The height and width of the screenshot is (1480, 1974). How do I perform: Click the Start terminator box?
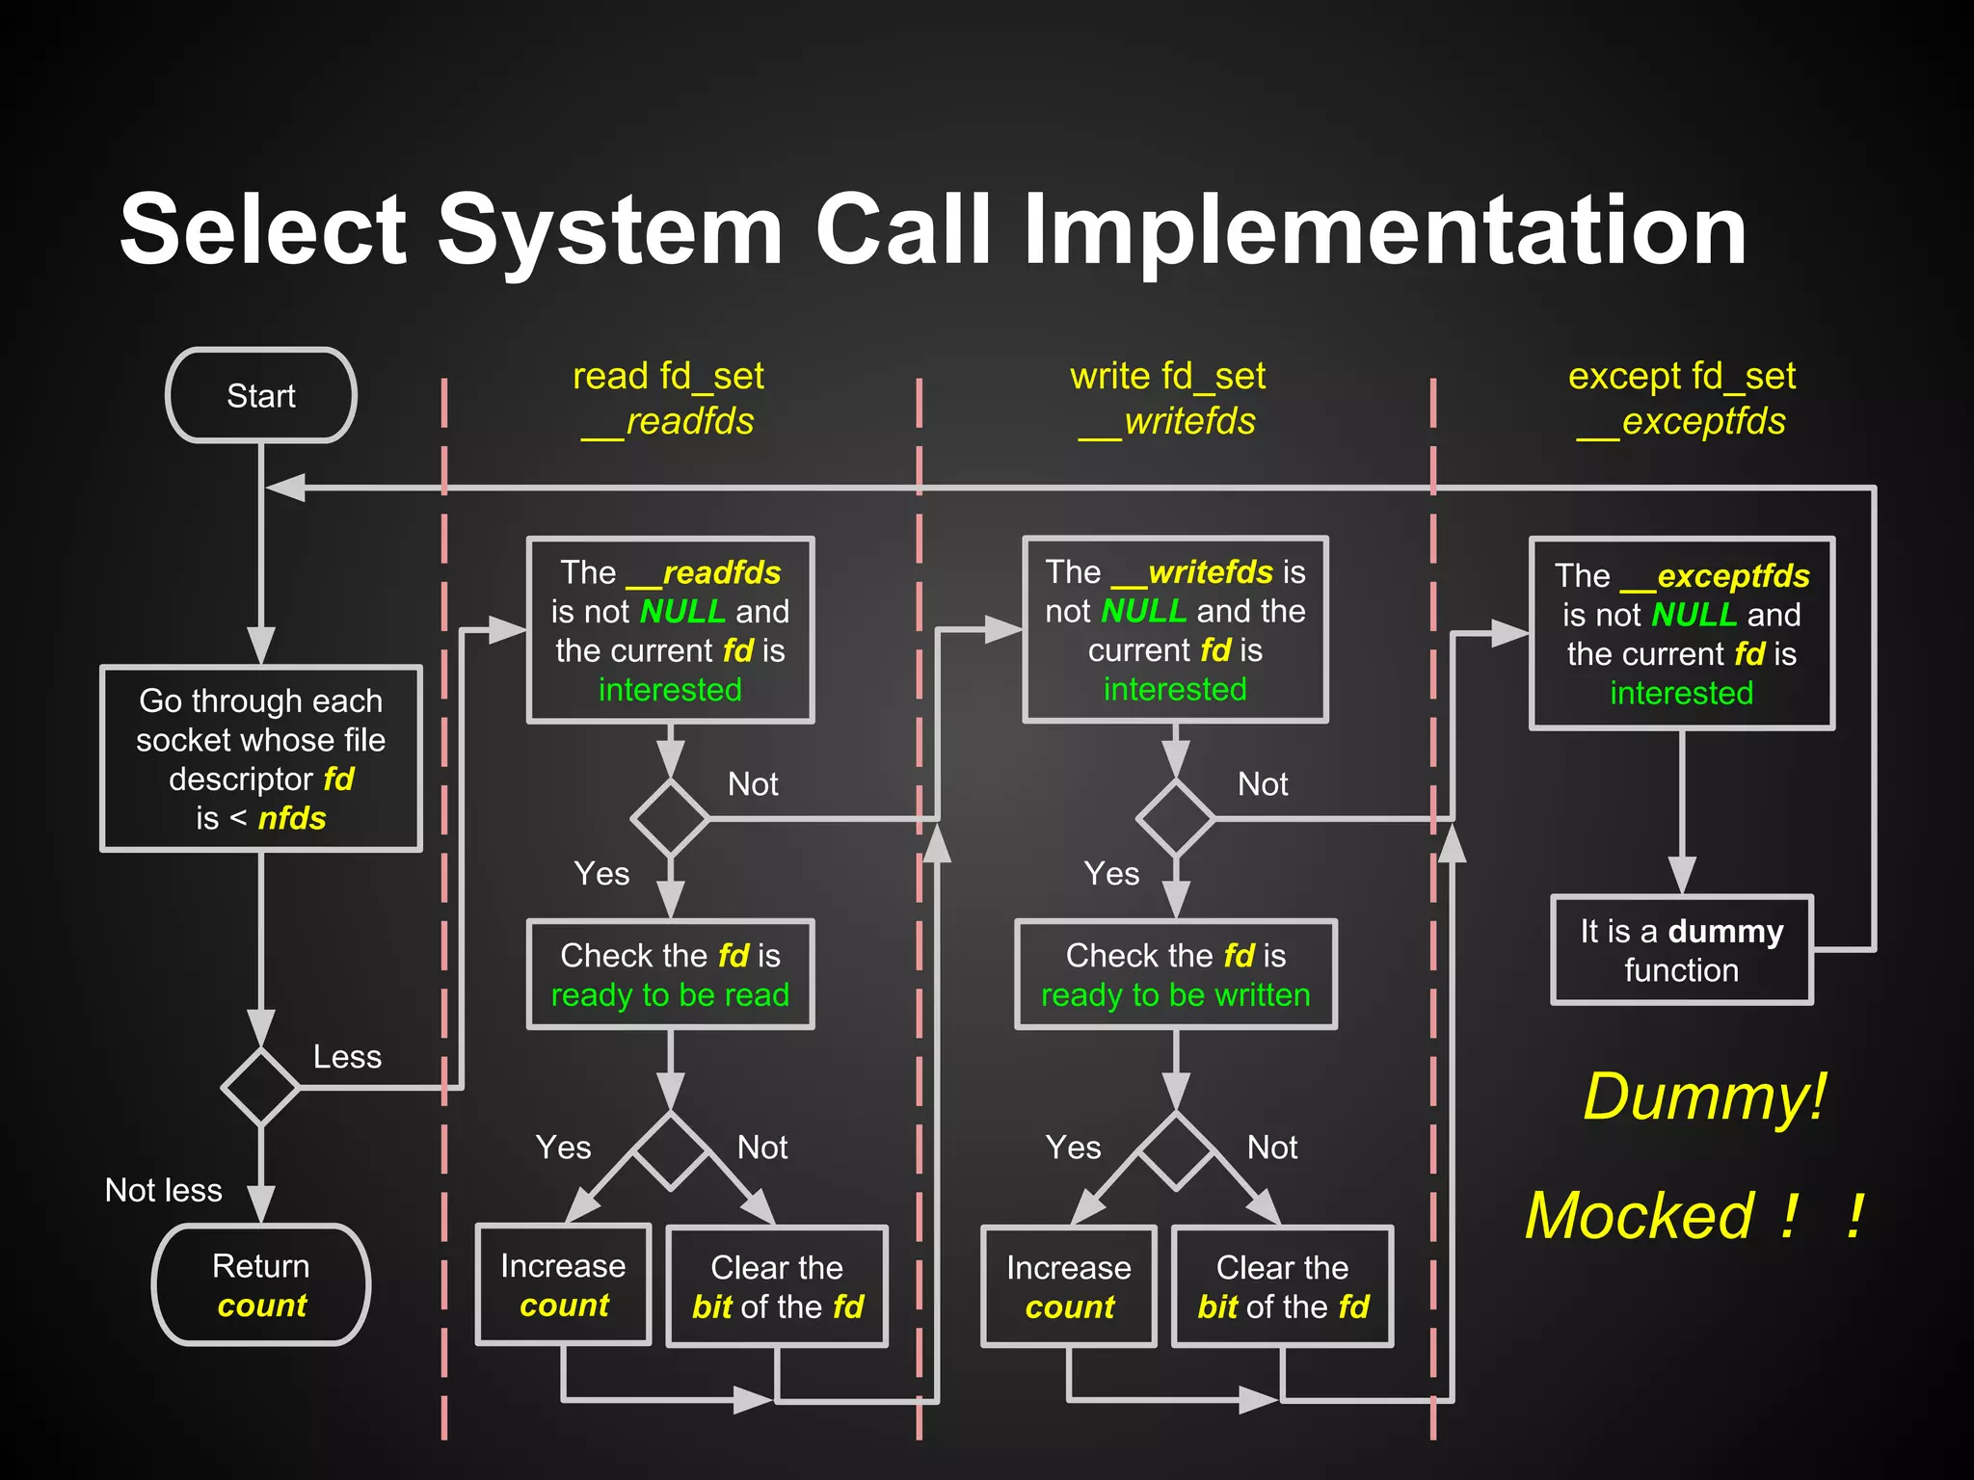(x=261, y=395)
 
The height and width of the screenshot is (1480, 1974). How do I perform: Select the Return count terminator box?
(x=261, y=1284)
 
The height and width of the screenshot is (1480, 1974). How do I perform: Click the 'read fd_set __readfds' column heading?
(x=668, y=398)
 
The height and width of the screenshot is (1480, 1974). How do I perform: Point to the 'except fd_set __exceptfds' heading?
(x=1681, y=398)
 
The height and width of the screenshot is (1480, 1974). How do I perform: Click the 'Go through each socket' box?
(x=261, y=758)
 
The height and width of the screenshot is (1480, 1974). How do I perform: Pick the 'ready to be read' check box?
(x=670, y=974)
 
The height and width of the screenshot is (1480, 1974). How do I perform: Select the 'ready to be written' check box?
(x=1175, y=974)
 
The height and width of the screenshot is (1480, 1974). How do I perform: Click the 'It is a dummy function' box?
(x=1681, y=950)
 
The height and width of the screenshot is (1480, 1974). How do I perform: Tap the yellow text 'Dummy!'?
(x=1704, y=1097)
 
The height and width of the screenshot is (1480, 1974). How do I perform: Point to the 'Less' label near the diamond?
(x=347, y=1057)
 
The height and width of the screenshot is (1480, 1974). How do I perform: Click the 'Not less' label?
(x=163, y=1190)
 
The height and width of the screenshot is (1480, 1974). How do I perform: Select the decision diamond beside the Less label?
(x=261, y=1087)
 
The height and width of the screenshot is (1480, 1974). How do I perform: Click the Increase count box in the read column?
(x=563, y=1284)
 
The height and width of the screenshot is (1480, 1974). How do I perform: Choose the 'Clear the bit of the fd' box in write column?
(x=1282, y=1286)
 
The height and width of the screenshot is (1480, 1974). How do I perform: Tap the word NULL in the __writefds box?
(x=1143, y=611)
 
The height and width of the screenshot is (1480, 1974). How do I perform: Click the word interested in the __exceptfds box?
(x=1681, y=693)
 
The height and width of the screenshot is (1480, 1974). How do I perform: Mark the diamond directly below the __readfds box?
(x=670, y=818)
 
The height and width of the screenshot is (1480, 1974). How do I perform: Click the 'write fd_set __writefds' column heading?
(x=1167, y=398)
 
